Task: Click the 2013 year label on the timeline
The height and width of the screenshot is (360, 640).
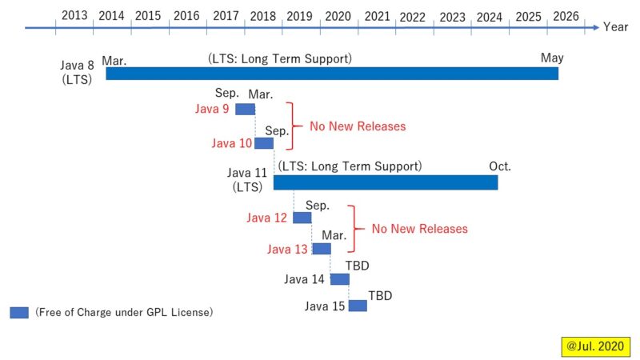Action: [x=74, y=15]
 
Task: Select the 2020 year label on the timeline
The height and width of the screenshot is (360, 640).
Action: [x=338, y=15]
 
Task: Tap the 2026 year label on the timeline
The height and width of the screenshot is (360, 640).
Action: [x=566, y=15]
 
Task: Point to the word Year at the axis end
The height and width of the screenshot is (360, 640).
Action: [x=616, y=27]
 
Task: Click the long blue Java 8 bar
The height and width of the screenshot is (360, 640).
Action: [x=331, y=74]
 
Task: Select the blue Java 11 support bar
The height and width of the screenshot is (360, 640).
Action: [x=386, y=182]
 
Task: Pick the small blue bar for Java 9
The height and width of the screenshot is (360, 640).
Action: [x=245, y=109]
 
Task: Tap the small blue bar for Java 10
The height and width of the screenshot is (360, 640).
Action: [x=264, y=143]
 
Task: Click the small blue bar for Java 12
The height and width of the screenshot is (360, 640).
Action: [x=302, y=218]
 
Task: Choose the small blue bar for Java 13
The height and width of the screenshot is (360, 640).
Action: [x=321, y=249]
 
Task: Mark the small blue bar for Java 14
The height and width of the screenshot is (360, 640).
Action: [x=340, y=279]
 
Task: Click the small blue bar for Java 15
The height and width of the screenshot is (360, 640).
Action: [x=358, y=306]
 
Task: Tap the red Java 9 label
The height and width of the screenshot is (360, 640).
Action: [x=213, y=110]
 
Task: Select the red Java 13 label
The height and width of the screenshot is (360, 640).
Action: [x=287, y=250]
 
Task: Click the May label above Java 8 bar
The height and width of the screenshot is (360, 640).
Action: [x=552, y=58]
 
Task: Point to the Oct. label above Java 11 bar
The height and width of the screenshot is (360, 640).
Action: [x=500, y=166]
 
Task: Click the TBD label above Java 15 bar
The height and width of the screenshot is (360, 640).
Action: [x=380, y=295]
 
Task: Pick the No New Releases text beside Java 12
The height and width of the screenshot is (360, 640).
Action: [x=419, y=229]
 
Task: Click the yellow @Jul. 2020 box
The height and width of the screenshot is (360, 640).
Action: [x=595, y=346]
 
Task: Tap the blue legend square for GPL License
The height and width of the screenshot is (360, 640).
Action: [x=19, y=313]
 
